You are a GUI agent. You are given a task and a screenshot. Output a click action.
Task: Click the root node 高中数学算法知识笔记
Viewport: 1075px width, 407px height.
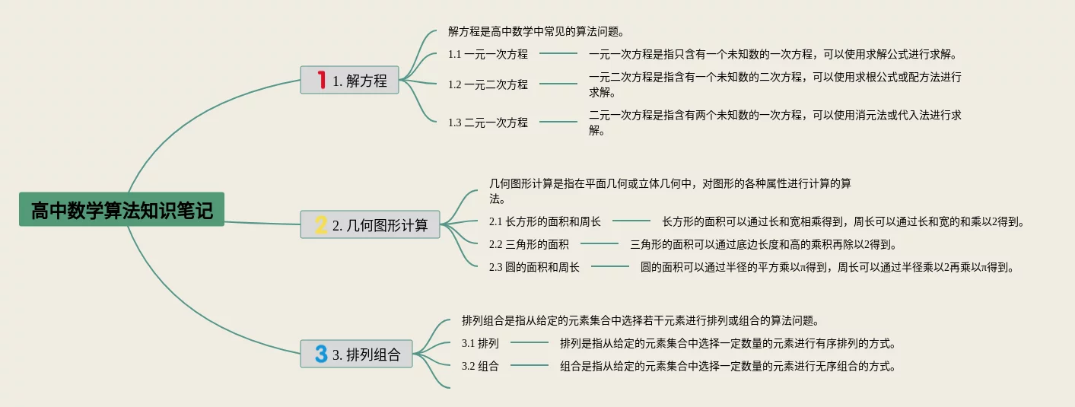pyautogui.click(x=122, y=209)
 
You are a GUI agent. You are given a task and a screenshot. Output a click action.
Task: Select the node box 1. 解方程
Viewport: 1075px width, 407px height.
pyautogui.click(x=349, y=80)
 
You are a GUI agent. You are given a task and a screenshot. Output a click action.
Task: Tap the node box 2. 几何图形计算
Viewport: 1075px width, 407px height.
pyautogui.click(x=370, y=224)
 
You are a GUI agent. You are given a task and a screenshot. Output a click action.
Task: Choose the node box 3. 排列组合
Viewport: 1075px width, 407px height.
pyautogui.click(x=356, y=354)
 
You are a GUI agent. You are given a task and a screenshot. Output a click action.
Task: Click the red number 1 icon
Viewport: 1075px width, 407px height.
pyautogui.click(x=321, y=79)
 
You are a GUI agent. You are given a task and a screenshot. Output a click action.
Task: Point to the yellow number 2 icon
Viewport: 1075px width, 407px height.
pyautogui.click(x=321, y=224)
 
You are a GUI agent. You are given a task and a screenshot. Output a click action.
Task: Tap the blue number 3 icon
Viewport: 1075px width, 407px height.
pyautogui.click(x=321, y=354)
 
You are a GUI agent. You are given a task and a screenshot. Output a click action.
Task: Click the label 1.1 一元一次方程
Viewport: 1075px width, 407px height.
pyautogui.click(x=488, y=54)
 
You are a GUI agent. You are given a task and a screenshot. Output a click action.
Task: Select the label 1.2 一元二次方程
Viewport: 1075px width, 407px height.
pyautogui.click(x=488, y=84)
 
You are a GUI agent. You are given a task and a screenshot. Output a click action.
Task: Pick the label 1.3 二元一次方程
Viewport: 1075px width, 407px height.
pyautogui.click(x=488, y=122)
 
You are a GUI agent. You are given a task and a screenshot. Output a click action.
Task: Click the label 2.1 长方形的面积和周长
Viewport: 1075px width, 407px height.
pyautogui.click(x=545, y=222)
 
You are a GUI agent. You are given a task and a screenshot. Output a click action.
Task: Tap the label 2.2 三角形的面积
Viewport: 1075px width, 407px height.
pyautogui.click(x=529, y=244)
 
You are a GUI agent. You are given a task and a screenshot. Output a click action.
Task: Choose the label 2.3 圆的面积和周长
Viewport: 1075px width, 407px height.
pyautogui.click(x=534, y=267)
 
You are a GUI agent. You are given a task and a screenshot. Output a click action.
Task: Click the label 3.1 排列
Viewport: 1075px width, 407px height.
pyautogui.click(x=480, y=343)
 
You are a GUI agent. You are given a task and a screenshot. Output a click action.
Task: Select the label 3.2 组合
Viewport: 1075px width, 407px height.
pyautogui.click(x=480, y=366)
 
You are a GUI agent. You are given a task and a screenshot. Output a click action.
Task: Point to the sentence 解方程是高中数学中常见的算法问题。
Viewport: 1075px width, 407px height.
pyautogui.click(x=536, y=32)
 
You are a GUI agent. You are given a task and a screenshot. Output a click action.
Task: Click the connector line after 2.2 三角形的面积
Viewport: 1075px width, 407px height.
pyautogui.click(x=600, y=244)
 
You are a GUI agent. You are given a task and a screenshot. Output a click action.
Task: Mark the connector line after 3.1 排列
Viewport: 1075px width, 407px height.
pyautogui.click(x=529, y=343)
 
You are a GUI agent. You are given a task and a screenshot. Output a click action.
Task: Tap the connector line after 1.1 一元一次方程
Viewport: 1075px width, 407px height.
pyautogui.click(x=558, y=54)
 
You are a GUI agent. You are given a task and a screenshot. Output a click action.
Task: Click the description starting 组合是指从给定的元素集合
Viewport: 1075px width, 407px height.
pyautogui.click(x=727, y=366)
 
